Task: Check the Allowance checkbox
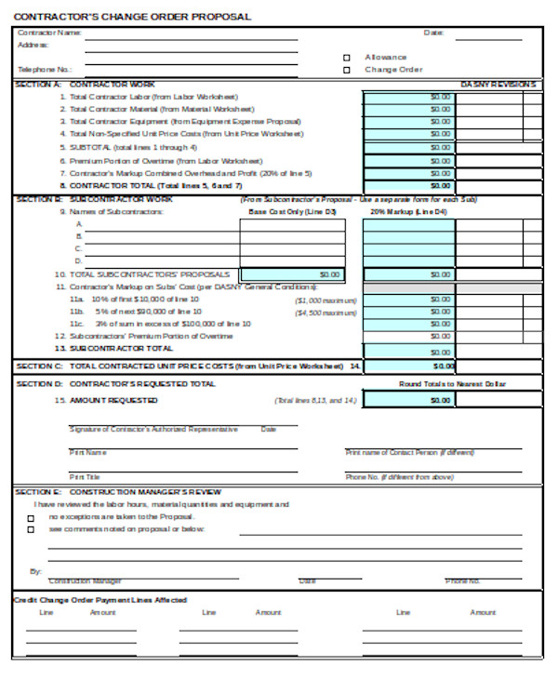pyautogui.click(x=347, y=57)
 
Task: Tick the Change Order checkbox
pyautogui.click(x=347, y=70)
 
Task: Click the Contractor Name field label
pyautogui.click(x=50, y=33)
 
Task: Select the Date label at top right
pyautogui.click(x=433, y=33)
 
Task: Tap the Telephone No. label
pyautogui.click(x=45, y=69)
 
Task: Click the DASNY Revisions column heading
pyautogui.click(x=498, y=84)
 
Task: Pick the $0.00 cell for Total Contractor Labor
pyautogui.click(x=408, y=96)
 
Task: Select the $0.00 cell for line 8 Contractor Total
pyautogui.click(x=408, y=185)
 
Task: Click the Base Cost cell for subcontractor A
pyautogui.click(x=291, y=224)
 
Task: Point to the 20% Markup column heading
pyautogui.click(x=408, y=211)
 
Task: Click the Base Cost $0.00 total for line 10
pyautogui.click(x=291, y=275)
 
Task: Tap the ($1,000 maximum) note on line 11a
pyautogui.click(x=325, y=300)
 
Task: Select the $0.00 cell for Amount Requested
pyautogui.click(x=408, y=400)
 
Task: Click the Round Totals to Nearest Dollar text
pyautogui.click(x=452, y=383)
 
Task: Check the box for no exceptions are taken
pyautogui.click(x=31, y=517)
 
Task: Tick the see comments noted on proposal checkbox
pyautogui.click(x=31, y=529)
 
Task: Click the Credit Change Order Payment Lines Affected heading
pyautogui.click(x=100, y=600)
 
